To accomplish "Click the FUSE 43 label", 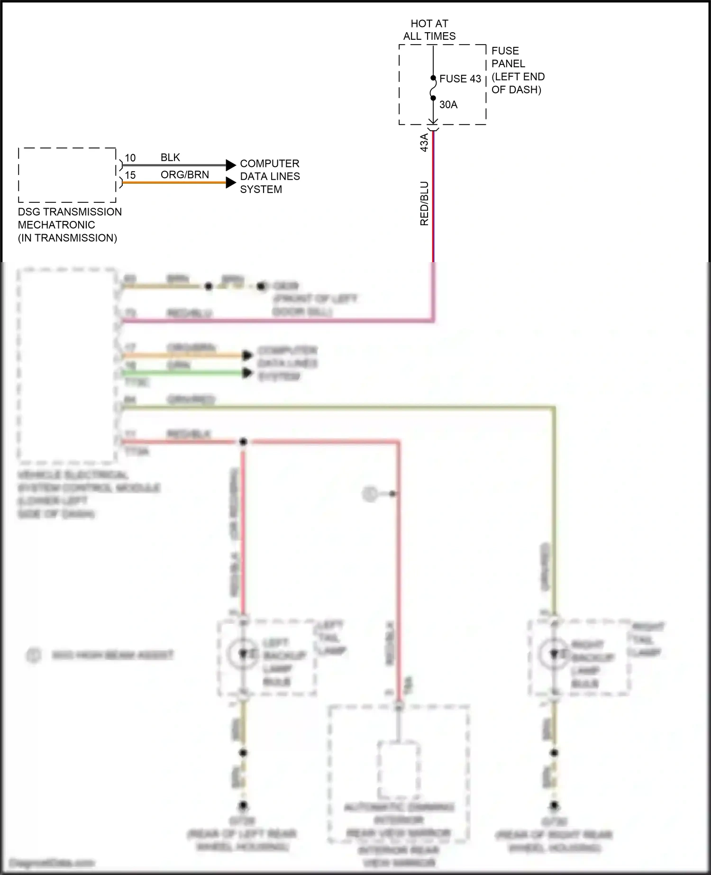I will point(460,79).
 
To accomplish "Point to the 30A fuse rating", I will point(448,105).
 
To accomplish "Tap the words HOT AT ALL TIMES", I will point(429,30).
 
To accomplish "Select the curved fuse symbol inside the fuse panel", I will point(433,89).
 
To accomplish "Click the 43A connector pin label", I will point(424,142).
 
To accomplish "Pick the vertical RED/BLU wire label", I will point(424,203).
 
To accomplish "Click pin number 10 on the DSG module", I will point(130,158).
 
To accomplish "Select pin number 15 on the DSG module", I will point(130,175).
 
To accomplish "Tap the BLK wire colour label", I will point(170,157).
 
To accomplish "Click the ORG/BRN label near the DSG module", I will point(184,175).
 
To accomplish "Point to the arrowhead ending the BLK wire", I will point(231,165).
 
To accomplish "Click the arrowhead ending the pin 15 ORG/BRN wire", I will point(231,182).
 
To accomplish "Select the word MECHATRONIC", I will point(56,225).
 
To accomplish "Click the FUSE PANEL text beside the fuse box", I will point(508,57).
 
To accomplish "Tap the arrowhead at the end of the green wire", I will point(247,373).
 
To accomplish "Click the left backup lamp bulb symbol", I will point(243,654).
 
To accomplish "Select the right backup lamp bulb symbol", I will point(554,654).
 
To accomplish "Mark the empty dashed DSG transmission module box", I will point(67,175).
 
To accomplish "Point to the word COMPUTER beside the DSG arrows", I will point(269,164).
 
